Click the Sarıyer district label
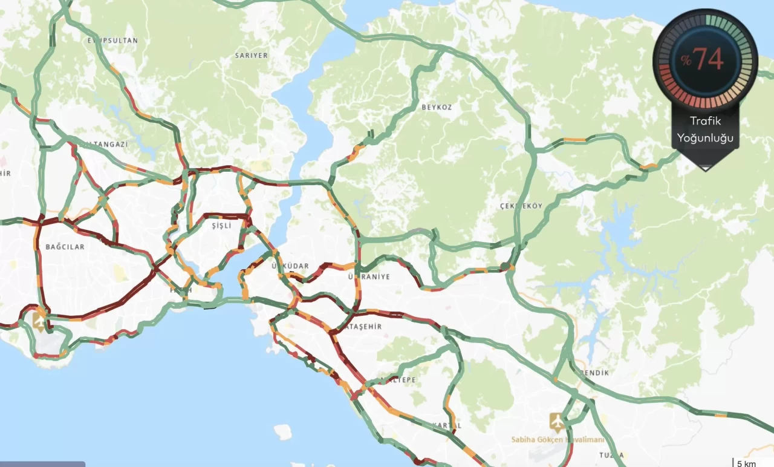[x=251, y=56]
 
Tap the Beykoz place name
[x=437, y=107]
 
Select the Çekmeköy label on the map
[x=521, y=206]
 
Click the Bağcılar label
[x=65, y=247]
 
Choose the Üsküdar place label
[x=295, y=266]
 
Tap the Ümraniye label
[x=369, y=276]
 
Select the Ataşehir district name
[x=365, y=326]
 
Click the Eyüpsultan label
[x=112, y=41]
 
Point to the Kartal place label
[x=447, y=425]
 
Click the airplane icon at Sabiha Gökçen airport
[x=556, y=420]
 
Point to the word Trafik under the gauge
[x=705, y=121]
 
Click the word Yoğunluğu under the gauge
[x=705, y=138]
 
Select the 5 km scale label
[x=746, y=463]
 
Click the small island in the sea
[x=282, y=431]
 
